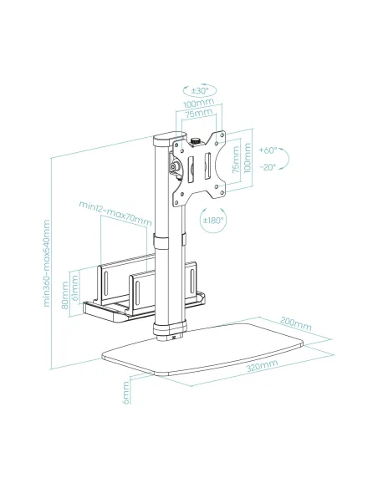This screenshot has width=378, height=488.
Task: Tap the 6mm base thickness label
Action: coord(125,391)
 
